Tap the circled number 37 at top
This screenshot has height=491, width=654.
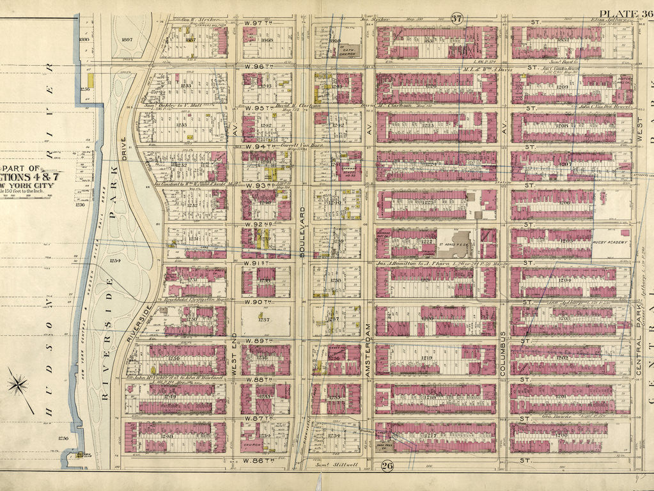[456, 18]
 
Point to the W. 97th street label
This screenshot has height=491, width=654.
[259, 22]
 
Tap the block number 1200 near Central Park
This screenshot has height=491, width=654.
[561, 435]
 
